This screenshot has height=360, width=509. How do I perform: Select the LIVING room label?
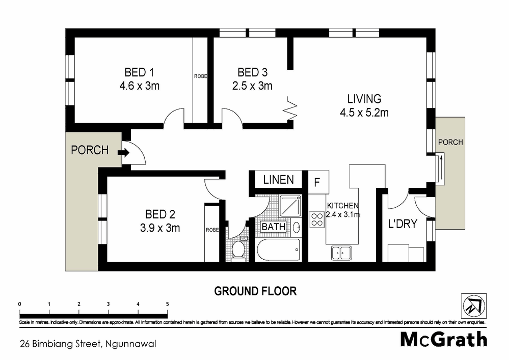click(364, 99)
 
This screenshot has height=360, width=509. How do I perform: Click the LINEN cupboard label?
click(278, 180)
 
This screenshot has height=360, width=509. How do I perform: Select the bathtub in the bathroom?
click(278, 251)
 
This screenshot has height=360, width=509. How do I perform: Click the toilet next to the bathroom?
click(237, 250)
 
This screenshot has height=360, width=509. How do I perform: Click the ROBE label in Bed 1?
click(200, 76)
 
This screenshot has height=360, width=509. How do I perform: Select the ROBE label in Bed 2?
click(212, 230)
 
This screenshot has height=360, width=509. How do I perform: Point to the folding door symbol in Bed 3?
click(290, 108)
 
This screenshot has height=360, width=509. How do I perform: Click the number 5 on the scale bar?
click(167, 304)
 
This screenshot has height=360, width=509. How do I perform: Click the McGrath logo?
click(443, 339)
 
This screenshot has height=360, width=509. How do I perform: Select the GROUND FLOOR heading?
click(255, 291)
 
